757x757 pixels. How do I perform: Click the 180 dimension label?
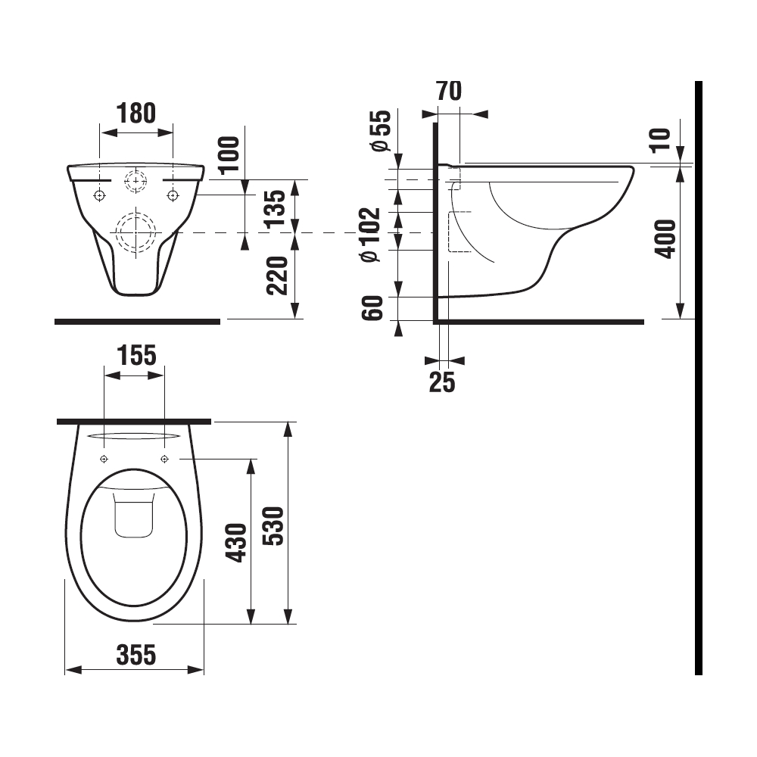point(137,113)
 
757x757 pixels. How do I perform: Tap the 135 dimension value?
point(278,208)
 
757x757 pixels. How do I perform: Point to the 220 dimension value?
point(278,276)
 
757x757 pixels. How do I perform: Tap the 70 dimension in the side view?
point(449,92)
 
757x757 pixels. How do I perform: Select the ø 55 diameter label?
point(380,130)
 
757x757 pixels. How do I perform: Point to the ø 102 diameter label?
point(372,235)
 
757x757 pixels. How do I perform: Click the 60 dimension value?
point(373,308)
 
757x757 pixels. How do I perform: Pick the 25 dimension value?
point(442,383)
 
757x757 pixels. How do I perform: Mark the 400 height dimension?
point(664,239)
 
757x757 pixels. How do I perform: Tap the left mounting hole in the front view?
point(99,195)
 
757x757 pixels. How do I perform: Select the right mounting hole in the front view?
point(173,195)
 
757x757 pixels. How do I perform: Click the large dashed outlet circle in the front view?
point(135,230)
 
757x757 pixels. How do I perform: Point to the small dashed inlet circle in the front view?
point(136,181)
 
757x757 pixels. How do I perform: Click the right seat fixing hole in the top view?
point(164,459)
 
